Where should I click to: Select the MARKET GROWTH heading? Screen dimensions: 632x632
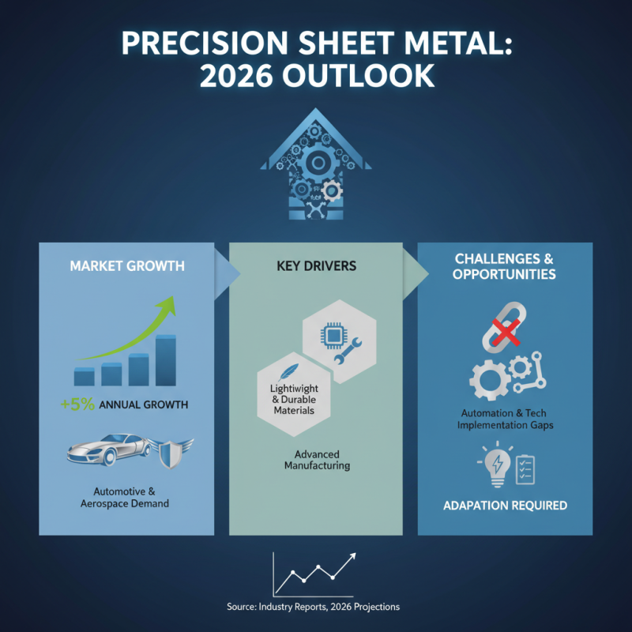[127, 266]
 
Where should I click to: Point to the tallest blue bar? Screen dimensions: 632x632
[165, 360]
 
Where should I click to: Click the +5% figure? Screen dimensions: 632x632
[77, 404]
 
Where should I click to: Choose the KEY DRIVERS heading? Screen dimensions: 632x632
[316, 266]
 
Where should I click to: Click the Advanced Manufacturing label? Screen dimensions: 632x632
[316, 460]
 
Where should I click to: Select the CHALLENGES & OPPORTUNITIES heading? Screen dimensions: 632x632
[505, 267]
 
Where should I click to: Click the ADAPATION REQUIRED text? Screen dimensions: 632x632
[505, 505]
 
